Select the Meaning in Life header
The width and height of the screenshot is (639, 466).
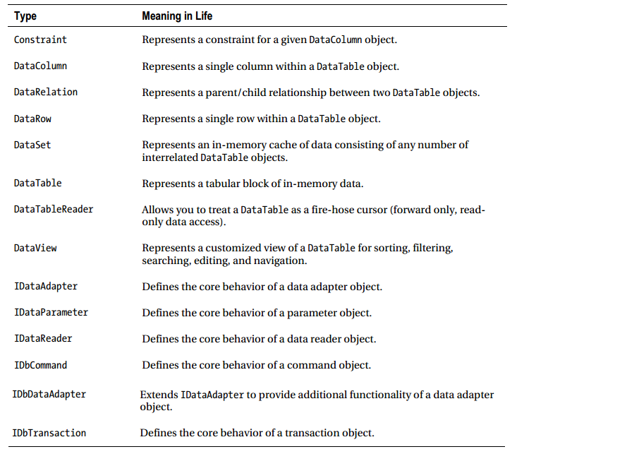[x=177, y=16]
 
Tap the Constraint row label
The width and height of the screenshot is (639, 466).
[x=40, y=40]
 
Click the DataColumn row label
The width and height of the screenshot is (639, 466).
[x=40, y=66]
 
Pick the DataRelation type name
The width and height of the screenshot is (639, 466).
[x=46, y=92]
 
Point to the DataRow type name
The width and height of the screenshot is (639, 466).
[x=32, y=119]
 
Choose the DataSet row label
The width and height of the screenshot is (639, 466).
[x=32, y=145]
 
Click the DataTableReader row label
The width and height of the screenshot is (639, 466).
[x=54, y=209]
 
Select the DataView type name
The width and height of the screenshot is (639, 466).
[x=35, y=248]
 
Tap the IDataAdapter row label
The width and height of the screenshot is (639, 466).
[x=46, y=286]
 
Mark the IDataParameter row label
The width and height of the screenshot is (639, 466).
[x=51, y=312]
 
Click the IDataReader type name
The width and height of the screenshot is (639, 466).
[x=43, y=338]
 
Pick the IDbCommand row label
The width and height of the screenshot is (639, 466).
[x=40, y=365]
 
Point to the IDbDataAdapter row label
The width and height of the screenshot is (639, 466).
[x=49, y=394]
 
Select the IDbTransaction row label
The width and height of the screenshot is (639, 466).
[x=49, y=433]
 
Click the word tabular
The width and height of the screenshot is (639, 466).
[x=218, y=184]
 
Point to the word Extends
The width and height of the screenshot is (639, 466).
[x=159, y=395]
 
